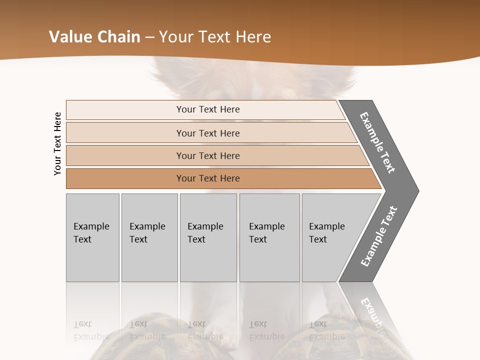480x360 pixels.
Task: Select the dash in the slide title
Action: [149, 37]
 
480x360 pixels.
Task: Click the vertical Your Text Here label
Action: [58, 143]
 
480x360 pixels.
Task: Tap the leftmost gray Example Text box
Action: [92, 237]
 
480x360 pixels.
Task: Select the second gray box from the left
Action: [149, 237]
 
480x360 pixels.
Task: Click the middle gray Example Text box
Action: [208, 237]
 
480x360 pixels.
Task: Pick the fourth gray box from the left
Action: [269, 237]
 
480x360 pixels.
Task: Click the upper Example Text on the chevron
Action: [377, 142]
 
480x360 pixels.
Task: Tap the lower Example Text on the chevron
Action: [379, 236]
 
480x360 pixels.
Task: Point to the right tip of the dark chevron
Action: [417, 190]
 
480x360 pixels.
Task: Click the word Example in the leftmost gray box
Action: [91, 226]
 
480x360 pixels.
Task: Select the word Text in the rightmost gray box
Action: [318, 239]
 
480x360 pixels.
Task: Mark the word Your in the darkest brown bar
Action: [186, 178]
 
